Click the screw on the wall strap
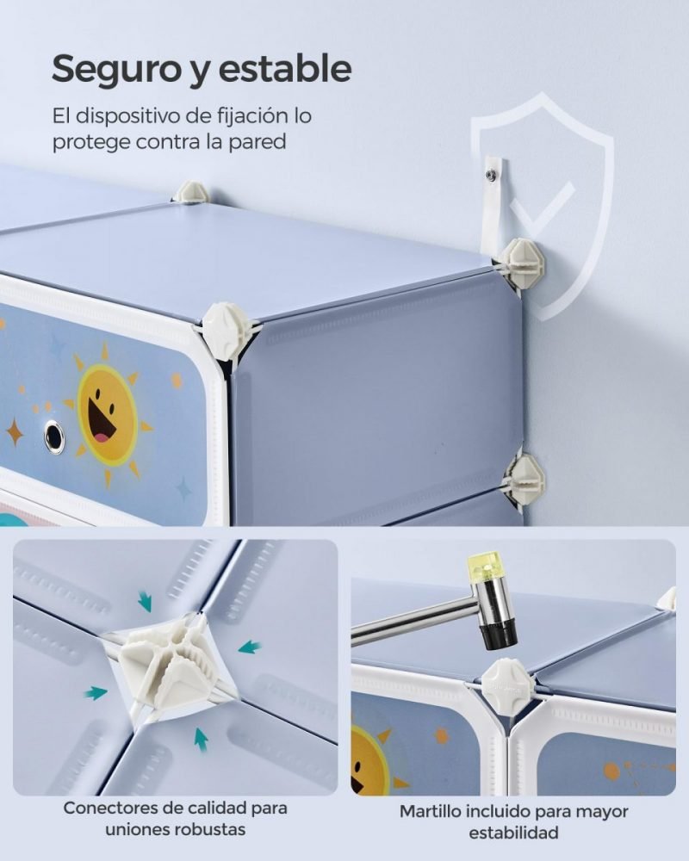(491, 175)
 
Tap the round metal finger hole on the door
(54, 437)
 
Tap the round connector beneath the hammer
(508, 686)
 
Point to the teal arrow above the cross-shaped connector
(145, 601)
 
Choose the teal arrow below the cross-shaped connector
(201, 739)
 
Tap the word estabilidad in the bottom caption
(513, 833)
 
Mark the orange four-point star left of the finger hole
(15, 432)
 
